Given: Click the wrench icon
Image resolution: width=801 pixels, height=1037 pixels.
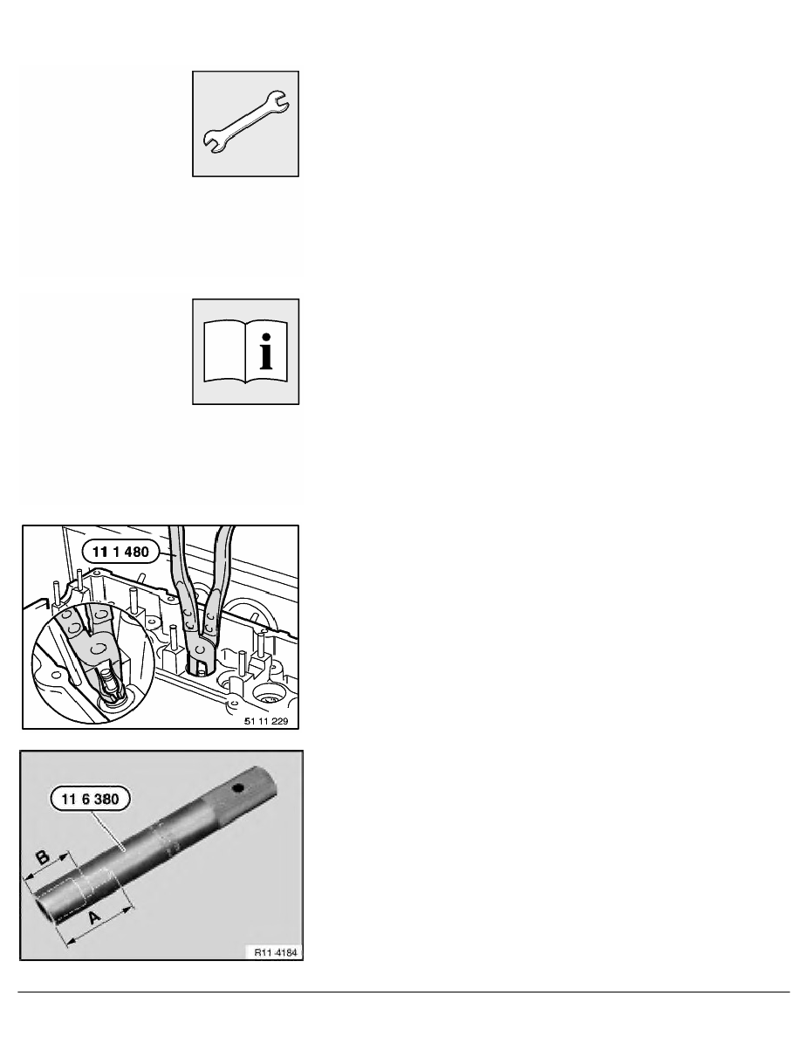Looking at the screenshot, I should coord(245,124).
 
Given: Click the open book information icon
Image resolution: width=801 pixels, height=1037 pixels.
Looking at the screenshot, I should coord(245,352).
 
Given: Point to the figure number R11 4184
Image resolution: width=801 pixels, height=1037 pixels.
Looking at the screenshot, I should coord(270,951).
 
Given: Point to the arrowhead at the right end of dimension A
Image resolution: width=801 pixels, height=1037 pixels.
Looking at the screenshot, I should coord(134,909).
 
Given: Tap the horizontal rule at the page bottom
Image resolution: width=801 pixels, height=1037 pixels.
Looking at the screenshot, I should coord(400,992).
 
